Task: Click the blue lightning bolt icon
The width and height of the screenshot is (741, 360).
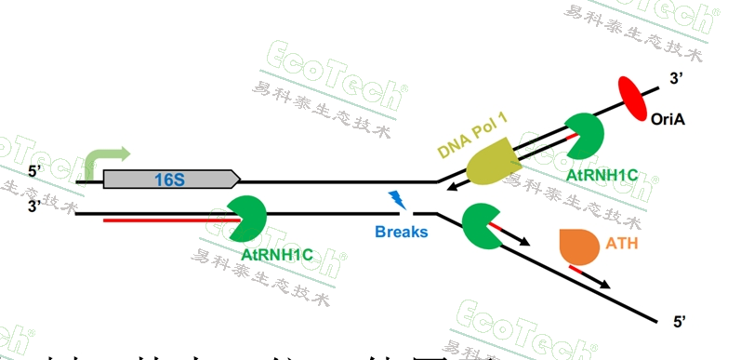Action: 397,198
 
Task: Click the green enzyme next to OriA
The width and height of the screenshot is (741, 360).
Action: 583,135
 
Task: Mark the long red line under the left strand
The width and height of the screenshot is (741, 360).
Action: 167,221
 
